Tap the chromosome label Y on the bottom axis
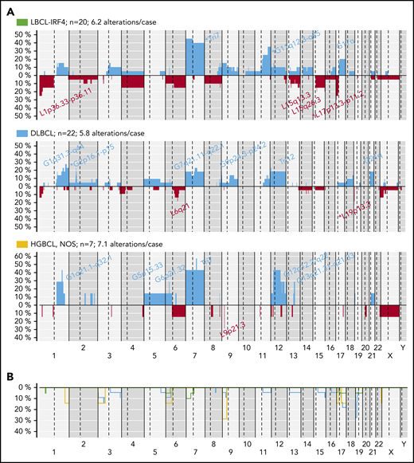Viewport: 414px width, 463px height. pyautogui.click(x=401, y=358)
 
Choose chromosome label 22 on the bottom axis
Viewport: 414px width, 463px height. pyautogui.click(x=372, y=358)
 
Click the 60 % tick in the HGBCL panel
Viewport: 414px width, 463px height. pyautogui.click(x=24, y=257)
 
